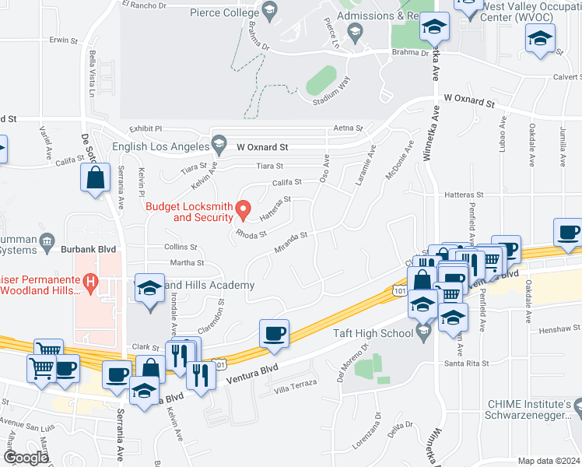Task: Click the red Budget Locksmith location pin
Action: click(243, 209)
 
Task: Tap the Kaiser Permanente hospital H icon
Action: click(91, 281)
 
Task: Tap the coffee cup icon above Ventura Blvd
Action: click(274, 334)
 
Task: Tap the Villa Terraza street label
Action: click(296, 385)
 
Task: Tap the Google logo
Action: click(27, 458)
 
